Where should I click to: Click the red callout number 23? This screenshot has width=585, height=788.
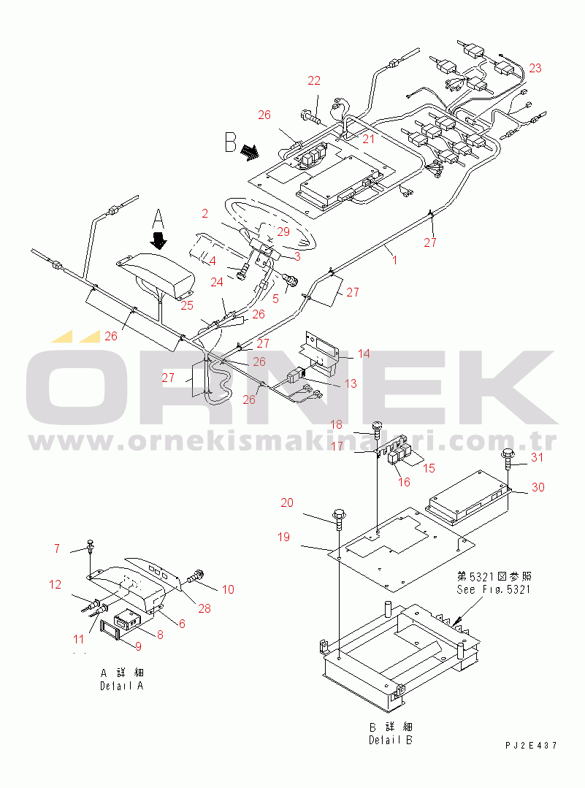535,68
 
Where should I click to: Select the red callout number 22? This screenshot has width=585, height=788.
314,80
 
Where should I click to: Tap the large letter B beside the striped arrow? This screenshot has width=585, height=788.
231,142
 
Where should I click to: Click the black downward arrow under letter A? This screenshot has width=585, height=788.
158,241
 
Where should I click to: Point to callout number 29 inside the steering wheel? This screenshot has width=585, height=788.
283,232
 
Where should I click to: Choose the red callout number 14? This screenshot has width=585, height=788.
364,353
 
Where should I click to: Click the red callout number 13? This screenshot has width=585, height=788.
351,383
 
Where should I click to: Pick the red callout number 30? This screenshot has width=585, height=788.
538,487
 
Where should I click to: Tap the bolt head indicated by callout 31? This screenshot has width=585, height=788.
508,454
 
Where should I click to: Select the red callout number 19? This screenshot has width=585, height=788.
283,537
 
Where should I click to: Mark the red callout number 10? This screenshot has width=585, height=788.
228,589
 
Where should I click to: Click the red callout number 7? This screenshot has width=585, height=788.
57,548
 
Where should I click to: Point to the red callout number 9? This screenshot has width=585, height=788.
138,646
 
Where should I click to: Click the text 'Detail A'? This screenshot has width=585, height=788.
122,686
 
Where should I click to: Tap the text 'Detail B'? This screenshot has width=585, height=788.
391,740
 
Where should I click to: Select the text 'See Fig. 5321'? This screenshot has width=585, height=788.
494,589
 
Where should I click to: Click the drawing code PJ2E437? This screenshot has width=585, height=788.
531,746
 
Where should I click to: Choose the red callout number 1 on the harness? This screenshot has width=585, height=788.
394,260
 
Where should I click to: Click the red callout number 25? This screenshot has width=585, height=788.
187,305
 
